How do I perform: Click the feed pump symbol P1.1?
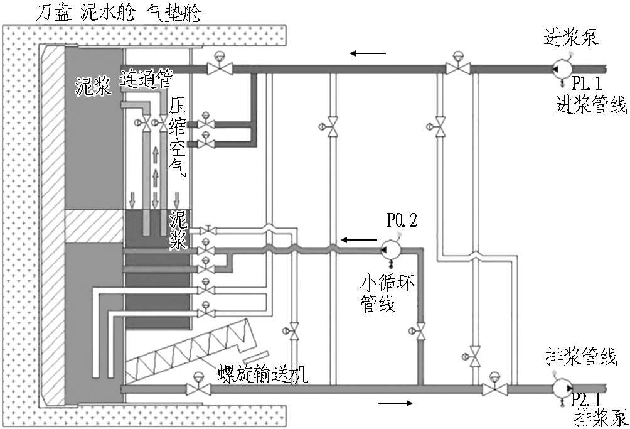tap(561, 69)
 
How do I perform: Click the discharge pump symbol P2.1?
tap(562, 388)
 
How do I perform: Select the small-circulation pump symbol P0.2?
tap(391, 250)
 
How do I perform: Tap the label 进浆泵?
tap(571, 37)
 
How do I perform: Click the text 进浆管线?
tap(590, 104)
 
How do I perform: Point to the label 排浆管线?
tap(580, 356)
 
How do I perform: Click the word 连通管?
tap(146, 78)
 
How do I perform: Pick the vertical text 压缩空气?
tap(177, 137)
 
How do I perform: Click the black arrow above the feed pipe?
tap(368, 53)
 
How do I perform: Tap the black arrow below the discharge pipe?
tap(395, 403)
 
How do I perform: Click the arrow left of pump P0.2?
tap(359, 240)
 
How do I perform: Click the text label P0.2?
tap(402, 220)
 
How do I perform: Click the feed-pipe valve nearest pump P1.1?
tap(457, 68)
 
